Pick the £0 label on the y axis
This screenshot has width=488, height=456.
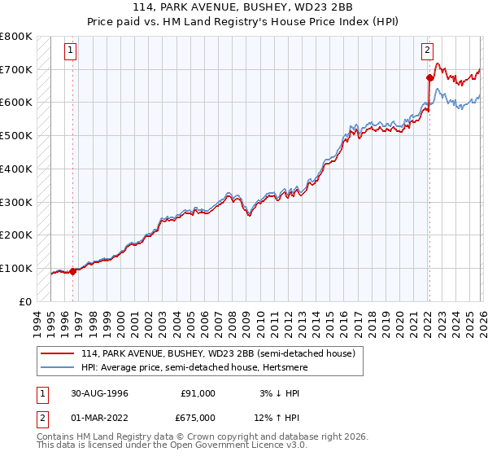tap(26, 301)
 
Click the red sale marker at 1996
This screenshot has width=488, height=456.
tap(73, 271)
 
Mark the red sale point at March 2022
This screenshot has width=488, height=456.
tap(429, 78)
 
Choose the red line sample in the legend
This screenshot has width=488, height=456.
tap(58, 354)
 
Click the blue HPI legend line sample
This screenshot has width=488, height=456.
tap(58, 368)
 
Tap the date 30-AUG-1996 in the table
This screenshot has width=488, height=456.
tap(100, 393)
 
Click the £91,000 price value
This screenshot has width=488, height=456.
tap(198, 393)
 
